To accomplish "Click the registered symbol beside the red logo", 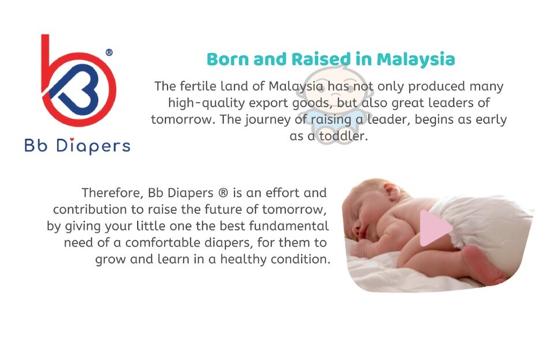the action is tap(109, 52).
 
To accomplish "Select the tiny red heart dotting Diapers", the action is tap(72, 140).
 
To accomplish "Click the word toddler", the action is tap(343, 136).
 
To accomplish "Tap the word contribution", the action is tap(90, 209).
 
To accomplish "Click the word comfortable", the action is tap(163, 243).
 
